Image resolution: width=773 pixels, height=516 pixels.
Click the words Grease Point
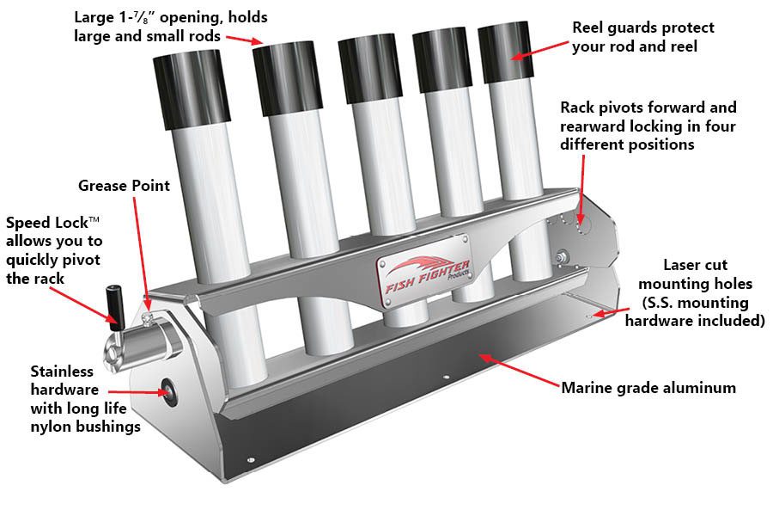click(x=124, y=185)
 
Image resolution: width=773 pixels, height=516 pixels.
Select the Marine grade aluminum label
click(x=648, y=388)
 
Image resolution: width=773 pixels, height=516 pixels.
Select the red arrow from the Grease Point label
click(x=143, y=250)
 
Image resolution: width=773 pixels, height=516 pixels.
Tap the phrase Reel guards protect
click(x=643, y=28)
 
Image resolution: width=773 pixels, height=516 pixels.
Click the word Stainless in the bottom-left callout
click(x=62, y=372)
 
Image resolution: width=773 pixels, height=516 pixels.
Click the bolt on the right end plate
click(x=563, y=256)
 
